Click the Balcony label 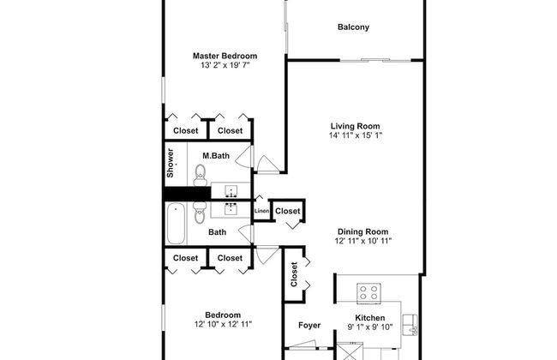pos(353,27)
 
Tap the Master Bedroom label pos(225,56)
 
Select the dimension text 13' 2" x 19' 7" pos(225,66)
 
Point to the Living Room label pos(354,125)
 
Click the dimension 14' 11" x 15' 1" pos(354,135)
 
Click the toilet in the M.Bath pos(201,175)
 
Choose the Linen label pos(262,211)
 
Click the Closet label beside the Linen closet pos(288,211)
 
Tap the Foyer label pos(308,326)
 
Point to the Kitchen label pos(369,317)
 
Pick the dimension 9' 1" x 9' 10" pos(369,327)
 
